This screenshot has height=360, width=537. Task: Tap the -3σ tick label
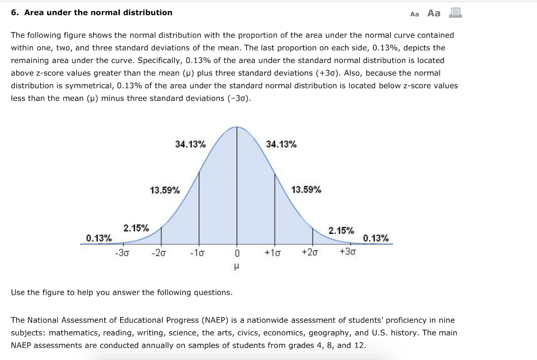click(123, 252)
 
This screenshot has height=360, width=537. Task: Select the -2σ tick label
click(159, 252)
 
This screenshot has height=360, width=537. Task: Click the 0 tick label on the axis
click(237, 253)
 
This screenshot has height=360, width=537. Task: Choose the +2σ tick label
click(310, 252)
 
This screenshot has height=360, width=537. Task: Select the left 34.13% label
click(190, 144)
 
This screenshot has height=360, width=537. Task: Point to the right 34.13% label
click(281, 144)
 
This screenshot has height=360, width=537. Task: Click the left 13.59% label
click(165, 190)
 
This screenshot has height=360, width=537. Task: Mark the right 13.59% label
click(306, 190)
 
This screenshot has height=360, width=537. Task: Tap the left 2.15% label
click(136, 228)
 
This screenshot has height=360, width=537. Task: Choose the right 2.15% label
click(341, 231)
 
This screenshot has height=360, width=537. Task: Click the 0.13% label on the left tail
click(99, 238)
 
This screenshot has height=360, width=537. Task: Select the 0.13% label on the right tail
click(376, 238)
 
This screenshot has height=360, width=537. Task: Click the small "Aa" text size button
click(414, 14)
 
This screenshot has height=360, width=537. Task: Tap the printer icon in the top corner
click(455, 13)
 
